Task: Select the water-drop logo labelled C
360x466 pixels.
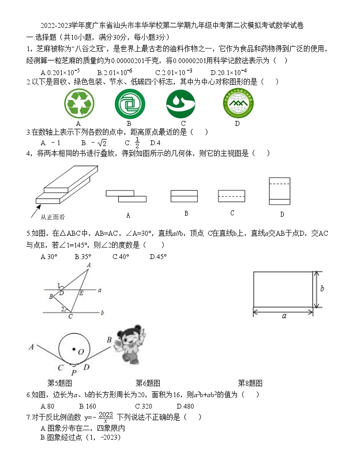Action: click(x=183, y=104)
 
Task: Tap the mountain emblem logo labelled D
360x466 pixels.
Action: click(x=238, y=104)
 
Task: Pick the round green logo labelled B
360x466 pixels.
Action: click(x=129, y=104)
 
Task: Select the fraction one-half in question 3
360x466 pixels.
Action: click(x=137, y=142)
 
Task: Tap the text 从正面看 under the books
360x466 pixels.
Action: click(x=53, y=217)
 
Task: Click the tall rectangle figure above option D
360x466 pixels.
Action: click(x=279, y=191)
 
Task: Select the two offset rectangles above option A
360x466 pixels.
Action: click(x=126, y=196)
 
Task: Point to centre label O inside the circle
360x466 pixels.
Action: click(x=81, y=351)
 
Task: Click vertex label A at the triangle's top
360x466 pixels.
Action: click(x=89, y=265)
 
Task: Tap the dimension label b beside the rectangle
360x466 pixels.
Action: click(x=321, y=289)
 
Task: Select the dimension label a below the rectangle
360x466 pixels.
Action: click(x=284, y=316)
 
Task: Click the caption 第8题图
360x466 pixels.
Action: click(x=250, y=383)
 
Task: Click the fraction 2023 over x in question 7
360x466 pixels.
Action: click(x=105, y=417)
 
